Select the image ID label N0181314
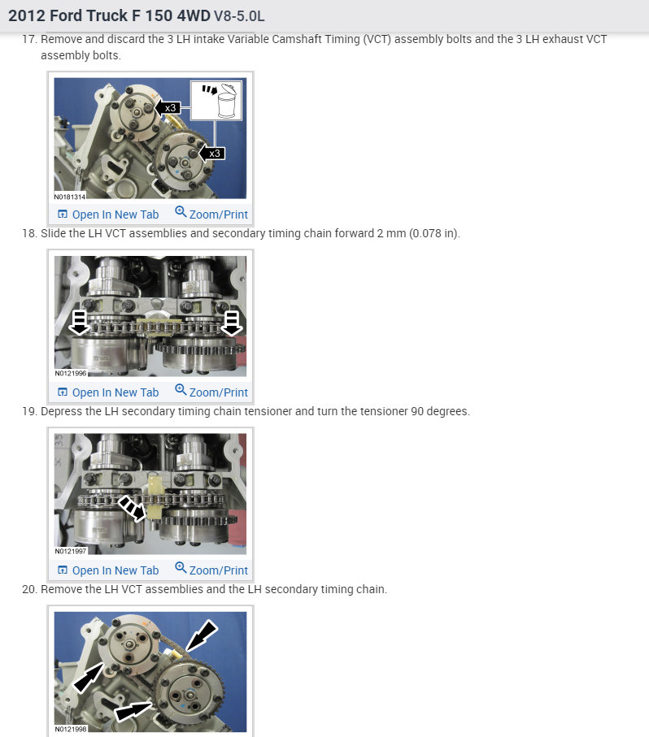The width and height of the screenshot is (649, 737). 70,196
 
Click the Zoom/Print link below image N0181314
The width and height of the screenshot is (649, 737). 211,215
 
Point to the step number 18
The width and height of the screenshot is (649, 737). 29,234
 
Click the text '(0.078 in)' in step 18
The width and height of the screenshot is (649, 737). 432,234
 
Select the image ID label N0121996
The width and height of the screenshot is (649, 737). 70,373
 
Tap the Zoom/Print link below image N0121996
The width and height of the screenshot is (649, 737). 211,392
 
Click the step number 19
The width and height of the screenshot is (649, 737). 29,411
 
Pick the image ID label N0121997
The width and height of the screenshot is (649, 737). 70,551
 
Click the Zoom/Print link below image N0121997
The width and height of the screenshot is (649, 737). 211,570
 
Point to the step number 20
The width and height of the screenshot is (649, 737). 29,589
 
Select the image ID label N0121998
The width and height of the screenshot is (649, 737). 70,729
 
